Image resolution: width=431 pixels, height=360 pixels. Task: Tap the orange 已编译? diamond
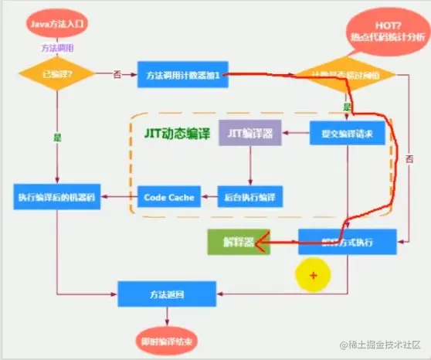[57, 75]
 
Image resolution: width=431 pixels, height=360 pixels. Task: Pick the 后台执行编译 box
[249, 196]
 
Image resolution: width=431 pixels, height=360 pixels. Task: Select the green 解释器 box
[239, 243]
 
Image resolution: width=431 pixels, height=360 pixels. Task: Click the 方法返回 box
[162, 293]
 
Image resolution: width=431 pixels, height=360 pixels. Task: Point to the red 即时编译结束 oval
[162, 341]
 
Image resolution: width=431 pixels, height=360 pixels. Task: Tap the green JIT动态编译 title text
[176, 132]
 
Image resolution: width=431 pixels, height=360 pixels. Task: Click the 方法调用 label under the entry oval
[57, 47]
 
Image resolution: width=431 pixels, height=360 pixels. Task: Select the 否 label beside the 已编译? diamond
[117, 74]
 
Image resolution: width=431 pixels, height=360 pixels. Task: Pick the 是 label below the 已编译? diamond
[57, 137]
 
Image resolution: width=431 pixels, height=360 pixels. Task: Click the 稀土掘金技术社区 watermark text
[376, 344]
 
